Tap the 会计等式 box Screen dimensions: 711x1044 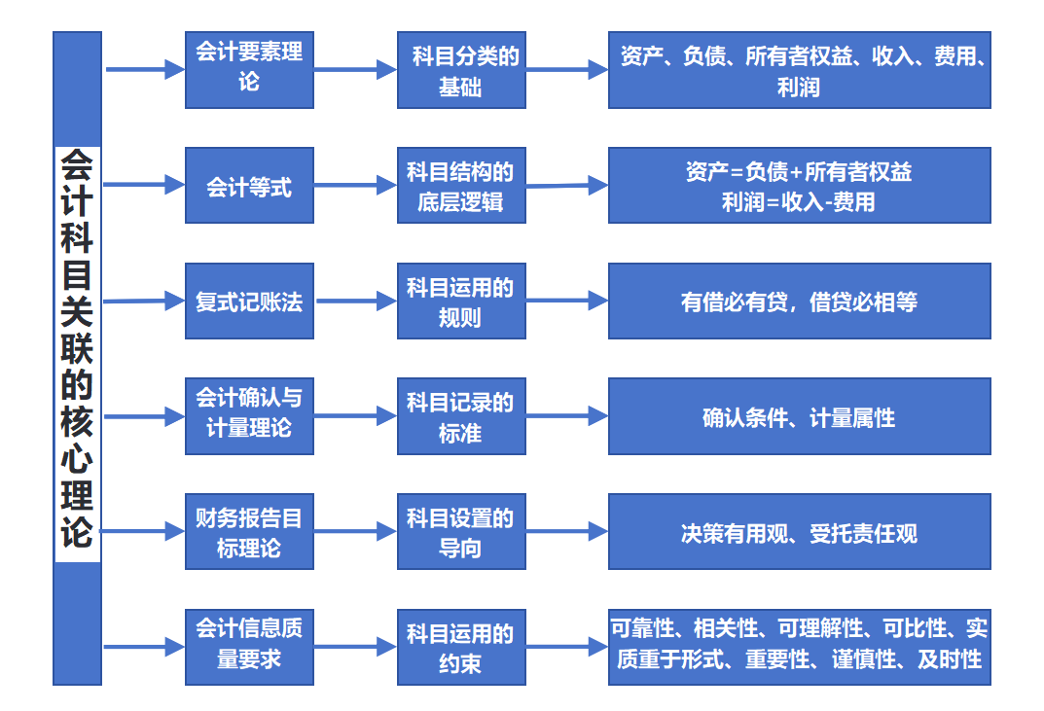(x=249, y=186)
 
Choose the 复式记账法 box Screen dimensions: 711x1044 (x=249, y=302)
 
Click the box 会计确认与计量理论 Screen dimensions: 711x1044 (x=249, y=416)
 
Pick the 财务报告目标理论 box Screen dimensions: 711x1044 (x=249, y=532)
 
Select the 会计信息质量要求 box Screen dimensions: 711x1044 (x=249, y=647)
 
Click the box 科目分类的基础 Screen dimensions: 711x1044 (x=461, y=70)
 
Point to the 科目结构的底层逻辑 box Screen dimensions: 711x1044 (x=461, y=186)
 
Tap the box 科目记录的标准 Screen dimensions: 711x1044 (x=461, y=416)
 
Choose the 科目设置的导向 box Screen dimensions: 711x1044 (x=461, y=532)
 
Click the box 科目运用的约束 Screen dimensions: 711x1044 (x=461, y=647)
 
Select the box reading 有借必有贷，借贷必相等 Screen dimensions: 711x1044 (x=799, y=302)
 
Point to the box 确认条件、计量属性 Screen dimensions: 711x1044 (x=799, y=417)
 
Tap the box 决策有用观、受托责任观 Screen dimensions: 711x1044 (x=799, y=532)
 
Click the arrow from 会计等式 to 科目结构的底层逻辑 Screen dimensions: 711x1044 (x=355, y=186)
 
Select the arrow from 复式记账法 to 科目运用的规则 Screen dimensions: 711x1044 (x=355, y=302)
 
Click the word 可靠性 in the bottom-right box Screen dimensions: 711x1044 (x=639, y=627)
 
